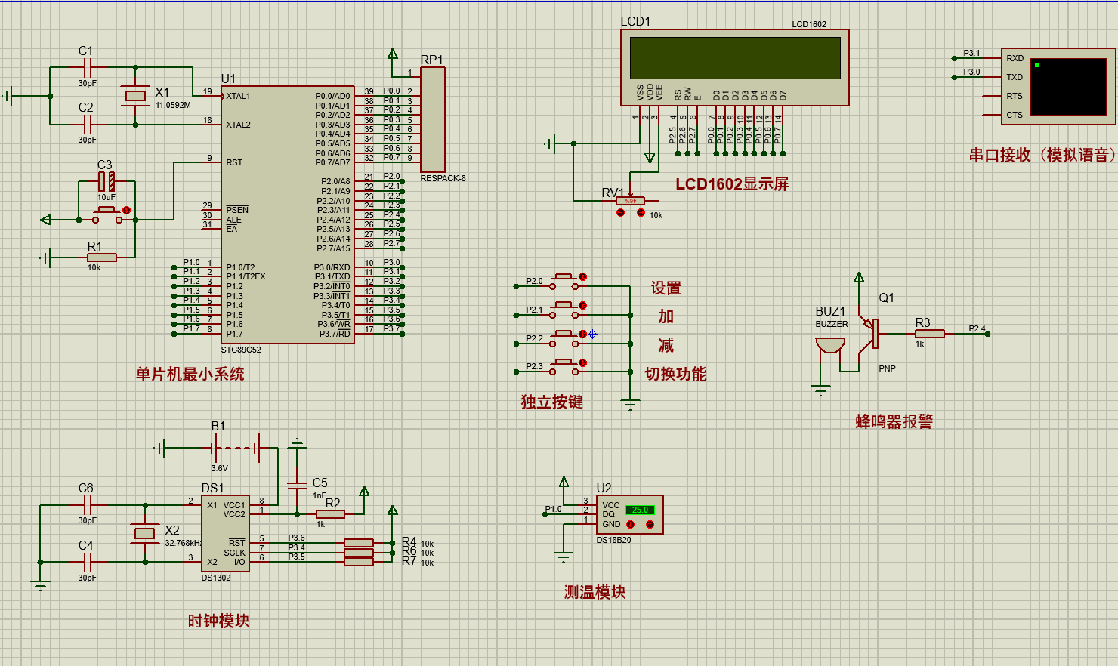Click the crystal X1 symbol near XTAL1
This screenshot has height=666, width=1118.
coord(135,95)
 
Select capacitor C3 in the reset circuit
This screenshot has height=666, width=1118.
coord(107,181)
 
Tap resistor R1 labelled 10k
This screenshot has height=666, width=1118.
coord(101,257)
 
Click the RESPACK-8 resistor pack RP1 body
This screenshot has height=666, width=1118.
coord(433,119)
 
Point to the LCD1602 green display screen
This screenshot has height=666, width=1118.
coord(735,58)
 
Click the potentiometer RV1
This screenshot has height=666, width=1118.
coord(630,201)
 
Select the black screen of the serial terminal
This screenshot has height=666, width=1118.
coord(1068,87)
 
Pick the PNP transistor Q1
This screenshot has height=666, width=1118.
coord(871,333)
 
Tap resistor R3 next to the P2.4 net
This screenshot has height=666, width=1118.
coord(929,333)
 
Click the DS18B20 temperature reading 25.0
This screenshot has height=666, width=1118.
coord(640,510)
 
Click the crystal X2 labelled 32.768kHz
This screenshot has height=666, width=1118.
coord(144,533)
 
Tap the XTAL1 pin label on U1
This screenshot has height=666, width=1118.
coord(238,96)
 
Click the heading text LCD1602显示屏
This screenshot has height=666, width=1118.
coord(731,184)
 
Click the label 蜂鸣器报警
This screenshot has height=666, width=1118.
coord(894,421)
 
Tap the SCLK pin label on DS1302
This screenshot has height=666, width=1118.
coord(234,553)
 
